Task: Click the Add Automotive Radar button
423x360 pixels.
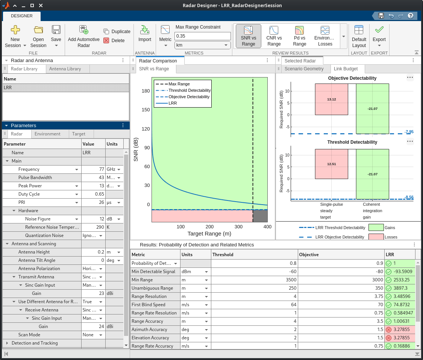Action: click(x=83, y=36)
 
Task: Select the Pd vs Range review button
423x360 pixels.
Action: click(x=299, y=36)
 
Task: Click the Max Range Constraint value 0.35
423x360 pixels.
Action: click(x=202, y=36)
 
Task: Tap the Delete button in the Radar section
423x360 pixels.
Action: click(x=114, y=41)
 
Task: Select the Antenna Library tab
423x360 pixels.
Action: click(x=65, y=69)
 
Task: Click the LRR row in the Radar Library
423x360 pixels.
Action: click(x=65, y=88)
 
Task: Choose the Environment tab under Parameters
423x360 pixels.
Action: click(x=47, y=134)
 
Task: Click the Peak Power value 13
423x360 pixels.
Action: click(x=93, y=186)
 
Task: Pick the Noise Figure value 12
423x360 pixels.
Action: click(x=93, y=219)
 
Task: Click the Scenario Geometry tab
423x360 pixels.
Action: click(x=304, y=69)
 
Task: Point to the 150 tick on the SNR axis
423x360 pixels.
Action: click(x=145, y=110)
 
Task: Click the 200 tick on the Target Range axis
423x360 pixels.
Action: click(x=209, y=227)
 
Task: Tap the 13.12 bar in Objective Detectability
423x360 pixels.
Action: click(x=331, y=99)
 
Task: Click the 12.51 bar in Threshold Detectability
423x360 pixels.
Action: click(x=331, y=164)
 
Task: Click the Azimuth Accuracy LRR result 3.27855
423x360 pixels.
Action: click(x=401, y=330)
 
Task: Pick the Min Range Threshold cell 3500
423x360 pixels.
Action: click(x=254, y=280)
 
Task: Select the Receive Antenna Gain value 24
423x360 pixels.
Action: click(x=93, y=327)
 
